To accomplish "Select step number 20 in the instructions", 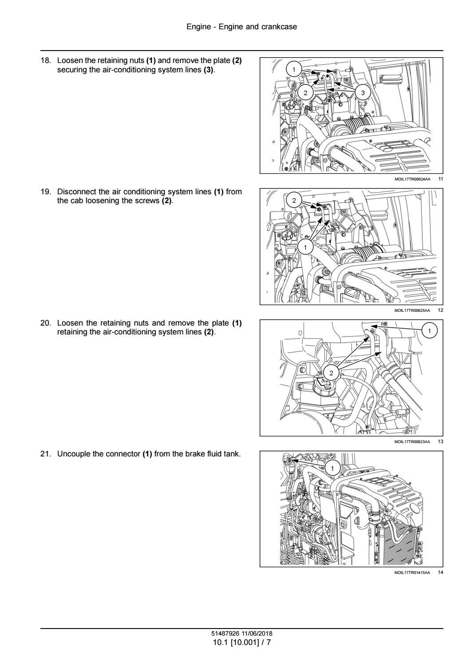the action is click(46, 323).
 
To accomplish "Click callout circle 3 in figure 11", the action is click(363, 93).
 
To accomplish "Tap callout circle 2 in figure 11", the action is click(305, 93).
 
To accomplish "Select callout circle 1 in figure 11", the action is click(294, 70).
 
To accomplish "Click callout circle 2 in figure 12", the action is click(294, 200).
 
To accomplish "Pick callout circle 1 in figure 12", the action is click(305, 247).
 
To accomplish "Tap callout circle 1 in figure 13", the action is click(430, 330).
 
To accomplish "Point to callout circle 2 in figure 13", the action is click(331, 373).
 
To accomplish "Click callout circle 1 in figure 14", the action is click(332, 468).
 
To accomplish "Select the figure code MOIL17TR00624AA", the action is click(412, 179).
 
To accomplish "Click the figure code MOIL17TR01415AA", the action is click(412, 572).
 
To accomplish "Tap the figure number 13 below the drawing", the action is click(440, 441).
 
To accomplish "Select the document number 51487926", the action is click(225, 634).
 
